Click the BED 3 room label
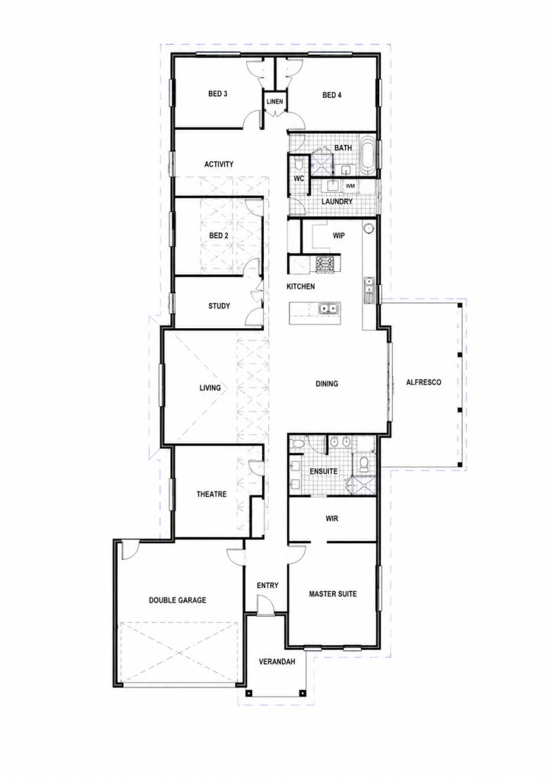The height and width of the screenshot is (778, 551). coord(218,93)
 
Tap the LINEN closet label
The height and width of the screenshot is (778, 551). coord(274,102)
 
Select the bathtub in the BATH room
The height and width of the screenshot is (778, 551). coord(368,156)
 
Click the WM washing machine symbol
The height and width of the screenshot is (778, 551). coord(350,186)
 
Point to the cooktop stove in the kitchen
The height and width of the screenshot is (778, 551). coord(325,264)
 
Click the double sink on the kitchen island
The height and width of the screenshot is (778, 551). coord(328,309)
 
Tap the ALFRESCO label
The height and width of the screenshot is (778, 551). coord(423,383)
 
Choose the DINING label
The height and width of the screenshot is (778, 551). coord(327,384)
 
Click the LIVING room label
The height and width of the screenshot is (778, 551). coord(210,387)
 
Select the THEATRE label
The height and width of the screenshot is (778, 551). coord(211,494)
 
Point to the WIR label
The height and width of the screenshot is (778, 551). coord(332,518)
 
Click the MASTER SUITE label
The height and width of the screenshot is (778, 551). coord(333,594)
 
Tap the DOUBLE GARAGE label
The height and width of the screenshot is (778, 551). coord(178,600)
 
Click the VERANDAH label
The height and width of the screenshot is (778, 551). coord(277,662)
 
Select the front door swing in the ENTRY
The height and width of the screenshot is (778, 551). coord(265,606)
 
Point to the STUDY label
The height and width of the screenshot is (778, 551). coord(219,306)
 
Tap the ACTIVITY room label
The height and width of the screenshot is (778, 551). coord(219,164)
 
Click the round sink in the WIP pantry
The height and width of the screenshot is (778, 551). coord(368,229)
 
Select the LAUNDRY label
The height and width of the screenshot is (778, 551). coord(337,201)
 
